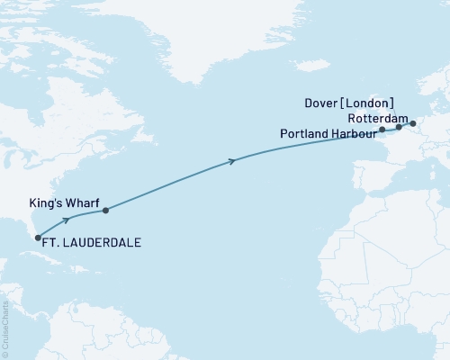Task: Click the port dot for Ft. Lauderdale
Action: (38, 238)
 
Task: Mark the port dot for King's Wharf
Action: (105, 211)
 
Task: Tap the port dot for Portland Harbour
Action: (382, 130)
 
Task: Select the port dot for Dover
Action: (399, 128)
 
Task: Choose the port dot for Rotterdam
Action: (413, 123)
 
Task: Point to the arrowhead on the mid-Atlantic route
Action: (233, 161)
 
